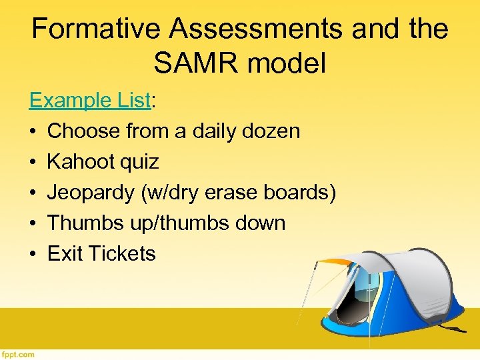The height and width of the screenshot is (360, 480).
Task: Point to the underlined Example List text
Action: [90, 100]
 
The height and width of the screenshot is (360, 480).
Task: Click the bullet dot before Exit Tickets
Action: [33, 254]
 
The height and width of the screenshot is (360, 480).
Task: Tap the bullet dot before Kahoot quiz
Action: [33, 162]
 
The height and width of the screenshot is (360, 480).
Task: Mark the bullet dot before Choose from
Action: [33, 131]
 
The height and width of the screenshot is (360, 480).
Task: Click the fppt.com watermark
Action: [18, 354]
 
